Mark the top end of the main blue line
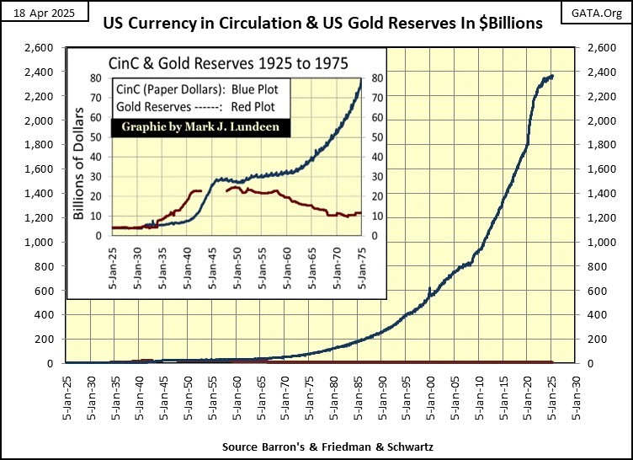[552, 76]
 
